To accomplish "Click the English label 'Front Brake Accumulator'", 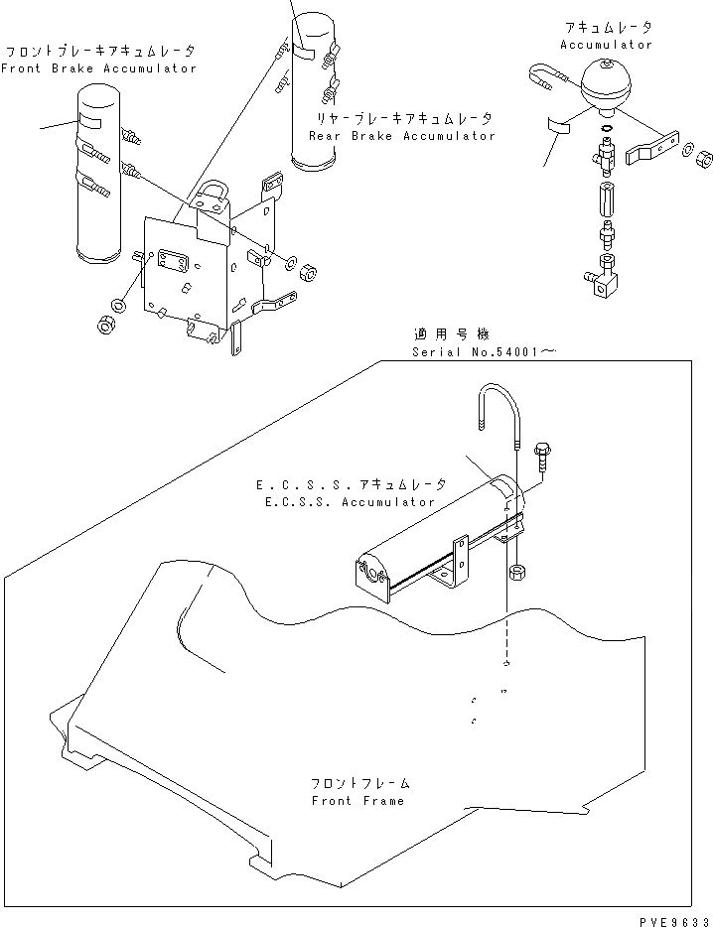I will tap(98, 68).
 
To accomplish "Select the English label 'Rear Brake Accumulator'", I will tap(401, 136).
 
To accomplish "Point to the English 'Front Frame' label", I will tap(357, 800).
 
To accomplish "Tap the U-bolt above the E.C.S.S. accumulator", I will tap(498, 412).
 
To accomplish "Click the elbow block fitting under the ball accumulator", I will tap(604, 280).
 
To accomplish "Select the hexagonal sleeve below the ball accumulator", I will tap(607, 203).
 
